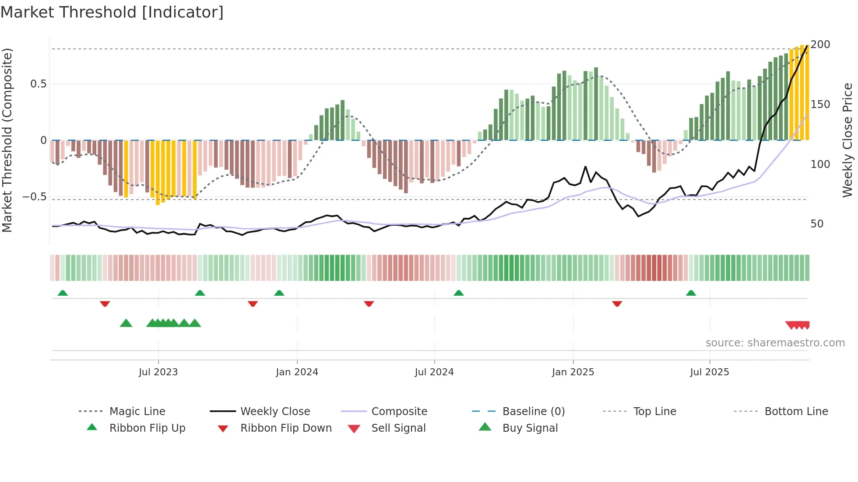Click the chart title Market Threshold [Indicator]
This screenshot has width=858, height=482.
point(112,12)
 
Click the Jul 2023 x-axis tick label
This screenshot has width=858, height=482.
point(158,372)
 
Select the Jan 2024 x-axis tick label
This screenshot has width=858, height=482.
point(297,372)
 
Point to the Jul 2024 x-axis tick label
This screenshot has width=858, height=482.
point(434,372)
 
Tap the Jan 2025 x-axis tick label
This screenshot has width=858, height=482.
point(573,372)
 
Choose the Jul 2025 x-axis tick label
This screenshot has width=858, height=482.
point(709,372)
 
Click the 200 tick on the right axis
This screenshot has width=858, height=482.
point(820,45)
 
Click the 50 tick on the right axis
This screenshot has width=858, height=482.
point(817,224)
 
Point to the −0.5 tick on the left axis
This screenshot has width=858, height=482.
point(35,197)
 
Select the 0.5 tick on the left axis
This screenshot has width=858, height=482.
point(38,84)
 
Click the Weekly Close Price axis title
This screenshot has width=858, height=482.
point(847,140)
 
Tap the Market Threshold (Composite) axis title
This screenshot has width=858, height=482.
point(7,140)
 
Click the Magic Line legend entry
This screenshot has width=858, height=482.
point(137,412)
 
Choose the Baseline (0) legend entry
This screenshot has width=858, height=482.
point(533,412)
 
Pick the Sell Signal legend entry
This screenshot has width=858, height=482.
point(398,428)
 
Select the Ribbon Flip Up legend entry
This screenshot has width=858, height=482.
point(147,428)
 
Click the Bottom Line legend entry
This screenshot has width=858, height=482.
point(796,412)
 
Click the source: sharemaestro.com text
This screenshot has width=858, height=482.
point(775,343)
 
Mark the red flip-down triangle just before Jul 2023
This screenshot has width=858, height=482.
point(105,304)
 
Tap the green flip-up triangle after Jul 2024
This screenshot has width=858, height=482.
point(458,293)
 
